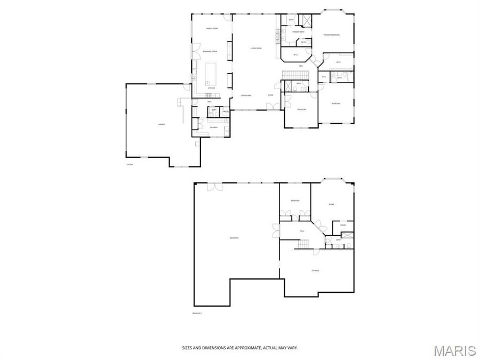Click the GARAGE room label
tap(162, 124)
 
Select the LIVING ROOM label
tap(256, 49)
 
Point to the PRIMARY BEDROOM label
tap(331, 35)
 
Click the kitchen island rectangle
tap(211, 72)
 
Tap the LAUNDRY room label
tap(213, 127)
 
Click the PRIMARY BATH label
tap(291, 33)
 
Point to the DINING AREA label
tap(246, 95)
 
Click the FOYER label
tap(271, 95)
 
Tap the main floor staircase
tap(291, 74)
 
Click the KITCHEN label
tap(211, 88)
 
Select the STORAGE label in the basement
tap(316, 271)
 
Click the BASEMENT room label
tap(234, 237)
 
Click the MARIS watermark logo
tap(454, 350)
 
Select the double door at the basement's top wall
tap(214, 186)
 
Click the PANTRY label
tap(226, 111)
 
